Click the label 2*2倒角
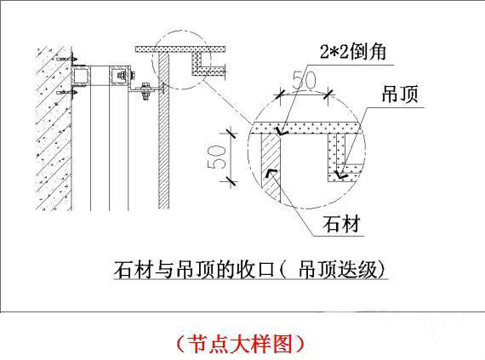coord(353,51)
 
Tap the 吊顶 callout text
coord(400,94)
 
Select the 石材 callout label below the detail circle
coord(341,224)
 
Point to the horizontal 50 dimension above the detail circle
coord(305,80)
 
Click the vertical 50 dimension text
coord(215,157)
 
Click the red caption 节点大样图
coord(240,344)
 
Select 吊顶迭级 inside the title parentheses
coord(338,269)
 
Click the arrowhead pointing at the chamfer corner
coord(282,132)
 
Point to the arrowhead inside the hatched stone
coord(270,174)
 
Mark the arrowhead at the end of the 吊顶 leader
coord(342,174)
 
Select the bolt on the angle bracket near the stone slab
coord(145,90)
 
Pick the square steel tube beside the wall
coord(81,76)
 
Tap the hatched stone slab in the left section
coord(163,130)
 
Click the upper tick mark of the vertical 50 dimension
coord(229,134)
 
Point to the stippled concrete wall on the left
coord(54,129)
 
